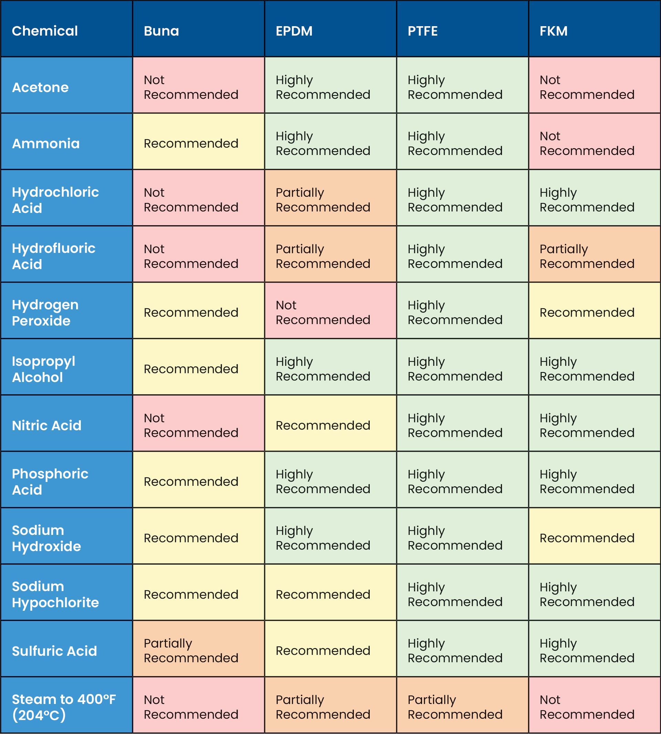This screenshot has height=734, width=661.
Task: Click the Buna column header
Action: (198, 31)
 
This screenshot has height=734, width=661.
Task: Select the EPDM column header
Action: (330, 31)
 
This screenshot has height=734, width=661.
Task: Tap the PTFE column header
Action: (462, 31)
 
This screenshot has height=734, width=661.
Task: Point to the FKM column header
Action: (594, 31)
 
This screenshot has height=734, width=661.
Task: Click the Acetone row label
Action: (66, 87)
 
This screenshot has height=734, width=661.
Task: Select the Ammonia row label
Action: (66, 144)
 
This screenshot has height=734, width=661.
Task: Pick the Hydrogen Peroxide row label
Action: (66, 312)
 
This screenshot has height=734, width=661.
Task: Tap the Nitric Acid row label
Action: (66, 425)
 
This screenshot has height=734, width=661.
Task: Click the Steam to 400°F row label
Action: (66, 707)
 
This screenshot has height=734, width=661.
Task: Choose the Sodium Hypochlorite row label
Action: (66, 595)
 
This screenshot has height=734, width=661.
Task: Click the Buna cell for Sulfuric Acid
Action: (198, 651)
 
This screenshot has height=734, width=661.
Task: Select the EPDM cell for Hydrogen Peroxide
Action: (330, 312)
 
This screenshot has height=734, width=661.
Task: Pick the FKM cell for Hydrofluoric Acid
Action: (594, 256)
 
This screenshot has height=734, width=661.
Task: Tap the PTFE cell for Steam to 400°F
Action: (462, 707)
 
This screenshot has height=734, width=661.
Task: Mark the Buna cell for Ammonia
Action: (198, 144)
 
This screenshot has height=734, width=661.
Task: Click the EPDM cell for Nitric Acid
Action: (330, 425)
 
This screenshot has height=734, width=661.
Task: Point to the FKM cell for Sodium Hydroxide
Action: (594, 538)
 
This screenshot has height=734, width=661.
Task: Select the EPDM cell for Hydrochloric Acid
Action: (330, 200)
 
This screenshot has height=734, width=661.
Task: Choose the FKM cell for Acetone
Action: (594, 87)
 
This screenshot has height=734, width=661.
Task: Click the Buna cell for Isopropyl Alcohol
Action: (198, 369)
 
